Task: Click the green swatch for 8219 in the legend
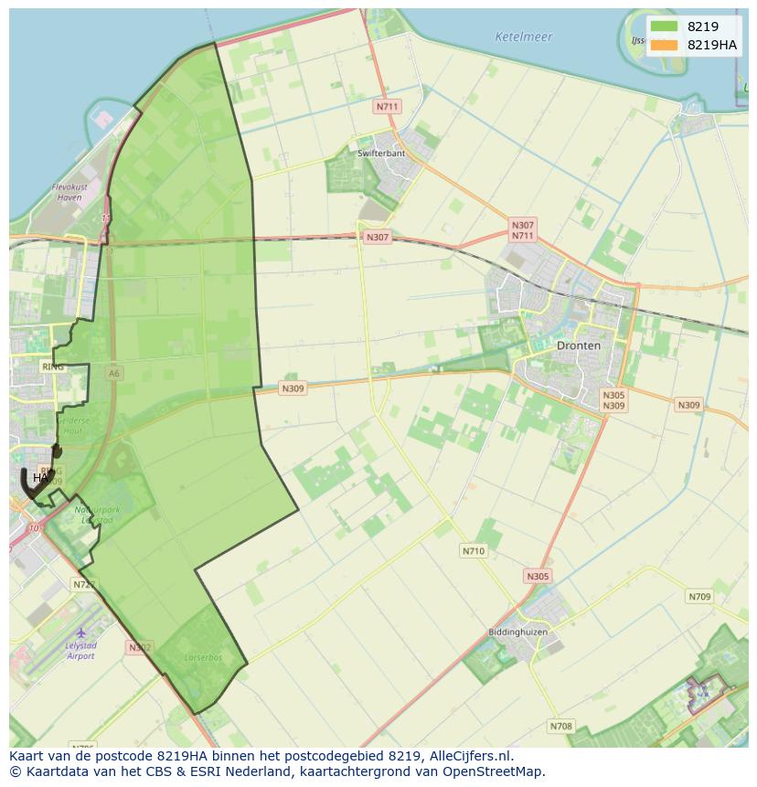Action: point(665,27)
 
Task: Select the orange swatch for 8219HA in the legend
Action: point(665,45)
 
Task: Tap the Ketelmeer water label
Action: point(523,37)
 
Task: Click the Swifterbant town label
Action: point(381,154)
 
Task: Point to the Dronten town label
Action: point(579,346)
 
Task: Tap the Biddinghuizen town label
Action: point(517,632)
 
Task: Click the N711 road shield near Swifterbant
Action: point(388,107)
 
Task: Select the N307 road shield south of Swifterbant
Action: point(377,238)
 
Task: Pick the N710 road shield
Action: point(474,551)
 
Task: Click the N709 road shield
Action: point(698,597)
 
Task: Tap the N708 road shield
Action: point(560,727)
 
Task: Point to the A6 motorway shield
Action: point(113,373)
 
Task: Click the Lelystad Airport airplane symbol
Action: point(81,633)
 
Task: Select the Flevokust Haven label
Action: point(69,192)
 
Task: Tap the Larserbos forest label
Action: point(203,656)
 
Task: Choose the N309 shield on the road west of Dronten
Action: point(292,388)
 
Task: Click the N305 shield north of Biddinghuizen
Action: point(538,576)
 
